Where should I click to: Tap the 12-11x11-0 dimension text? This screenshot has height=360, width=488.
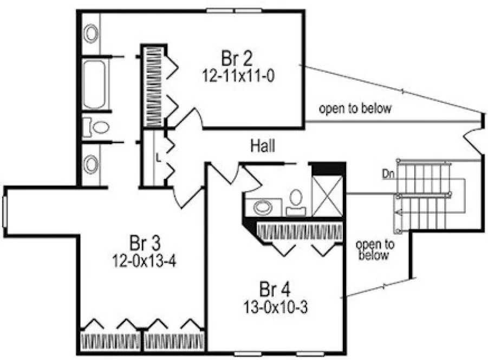(x=238, y=75)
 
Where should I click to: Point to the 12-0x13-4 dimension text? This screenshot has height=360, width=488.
(x=144, y=260)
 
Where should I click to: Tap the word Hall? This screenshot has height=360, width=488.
(x=263, y=145)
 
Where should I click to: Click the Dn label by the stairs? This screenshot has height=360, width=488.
(x=387, y=175)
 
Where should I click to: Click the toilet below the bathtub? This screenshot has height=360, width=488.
(x=98, y=127)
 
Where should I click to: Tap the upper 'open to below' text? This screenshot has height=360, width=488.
(x=355, y=109)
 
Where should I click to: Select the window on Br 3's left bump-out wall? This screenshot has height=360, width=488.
(x=5, y=211)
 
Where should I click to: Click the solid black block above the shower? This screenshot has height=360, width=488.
(x=328, y=169)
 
